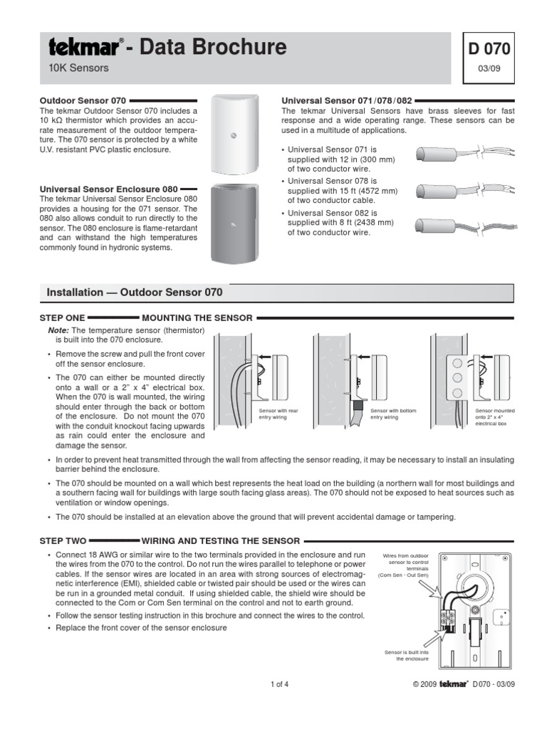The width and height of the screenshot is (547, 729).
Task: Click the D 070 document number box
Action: coord(489,49)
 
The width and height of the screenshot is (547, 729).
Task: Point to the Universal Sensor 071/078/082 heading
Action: coord(347,101)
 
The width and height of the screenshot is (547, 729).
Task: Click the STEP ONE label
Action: coord(61,318)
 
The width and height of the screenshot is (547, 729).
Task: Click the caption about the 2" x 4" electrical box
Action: coord(495,417)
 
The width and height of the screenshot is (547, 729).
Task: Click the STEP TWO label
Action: coord(62,541)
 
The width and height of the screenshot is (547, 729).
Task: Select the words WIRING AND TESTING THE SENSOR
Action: coord(221,541)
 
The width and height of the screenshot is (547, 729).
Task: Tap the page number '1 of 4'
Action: coord(279,685)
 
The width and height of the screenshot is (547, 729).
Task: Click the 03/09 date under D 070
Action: coord(489,70)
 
